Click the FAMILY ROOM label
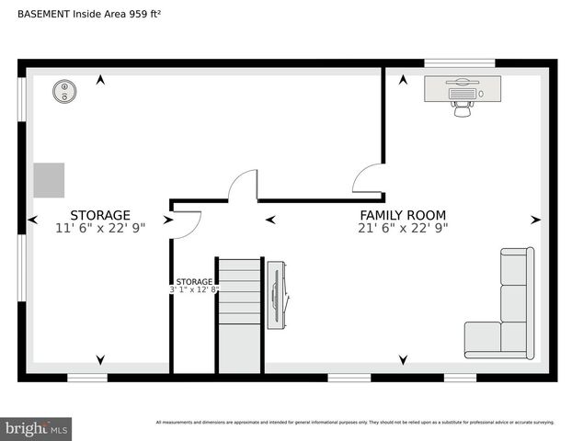(x=402, y=215)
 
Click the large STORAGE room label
(x=100, y=215)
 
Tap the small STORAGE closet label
(x=194, y=281)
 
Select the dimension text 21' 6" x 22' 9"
(x=402, y=228)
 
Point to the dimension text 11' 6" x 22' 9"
(x=100, y=228)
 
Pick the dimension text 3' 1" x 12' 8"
(x=194, y=290)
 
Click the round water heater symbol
(x=64, y=90)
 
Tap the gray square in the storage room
(x=50, y=179)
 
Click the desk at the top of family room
(x=463, y=88)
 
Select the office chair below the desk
(x=462, y=107)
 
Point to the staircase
(x=239, y=312)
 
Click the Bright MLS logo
(x=36, y=429)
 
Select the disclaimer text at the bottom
(x=354, y=423)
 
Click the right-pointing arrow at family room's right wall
(x=536, y=220)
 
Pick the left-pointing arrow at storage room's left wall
(x=33, y=220)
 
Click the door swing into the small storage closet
(x=186, y=223)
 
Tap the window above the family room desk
(x=460, y=63)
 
